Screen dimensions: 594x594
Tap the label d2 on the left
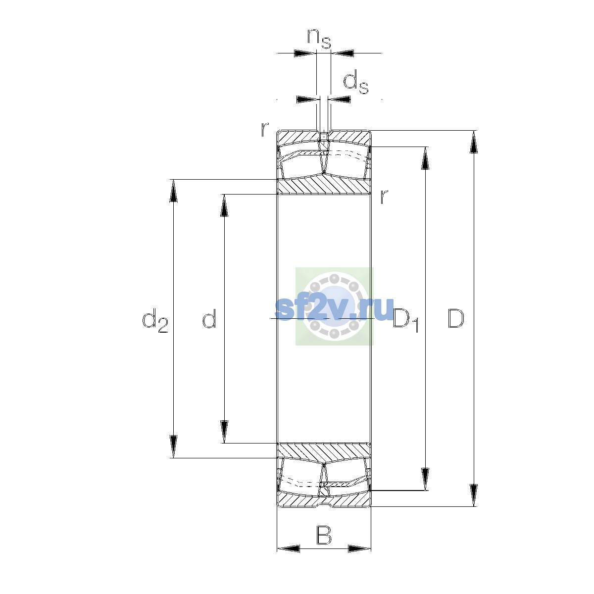155,320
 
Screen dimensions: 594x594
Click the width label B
324,536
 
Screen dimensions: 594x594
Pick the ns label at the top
319,39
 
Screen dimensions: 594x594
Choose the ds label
356,82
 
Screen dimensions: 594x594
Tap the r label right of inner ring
384,197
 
